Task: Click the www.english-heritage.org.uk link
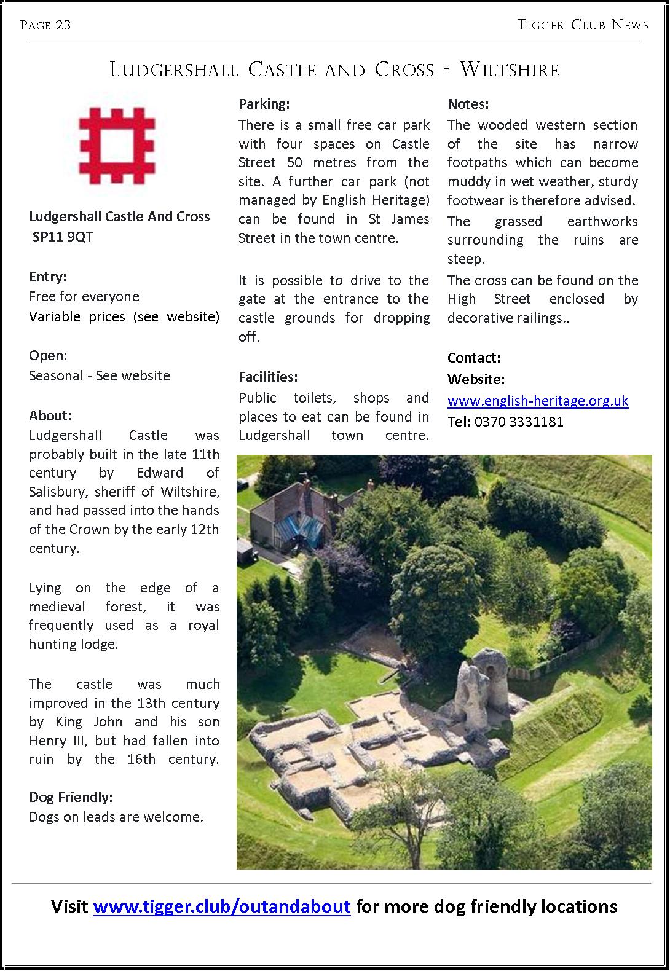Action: point(538,401)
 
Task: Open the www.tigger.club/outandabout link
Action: point(221,906)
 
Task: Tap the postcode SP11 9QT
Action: point(63,237)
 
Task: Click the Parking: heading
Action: point(264,104)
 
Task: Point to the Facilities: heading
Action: point(268,377)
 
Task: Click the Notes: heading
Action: point(468,104)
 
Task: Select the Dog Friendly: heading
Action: point(71,797)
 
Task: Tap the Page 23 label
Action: point(45,25)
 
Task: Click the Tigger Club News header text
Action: point(583,25)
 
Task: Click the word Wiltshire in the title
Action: point(510,69)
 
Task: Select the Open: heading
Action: point(48,355)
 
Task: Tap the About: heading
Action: point(50,415)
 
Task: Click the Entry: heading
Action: point(48,277)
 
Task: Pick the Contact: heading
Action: point(474,358)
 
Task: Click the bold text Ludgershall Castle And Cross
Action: point(119,216)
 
